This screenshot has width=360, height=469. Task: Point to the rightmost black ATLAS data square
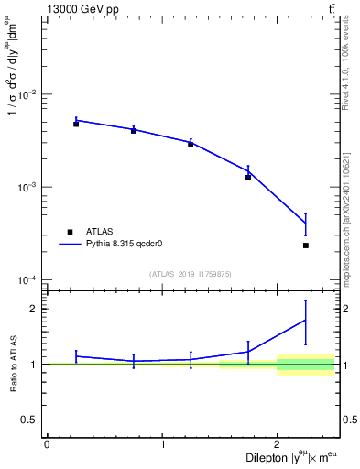(x=306, y=245)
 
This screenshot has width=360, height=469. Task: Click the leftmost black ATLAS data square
(x=76, y=124)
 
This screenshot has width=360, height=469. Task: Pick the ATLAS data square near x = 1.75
(x=248, y=177)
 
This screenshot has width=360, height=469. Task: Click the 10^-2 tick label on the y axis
(x=27, y=94)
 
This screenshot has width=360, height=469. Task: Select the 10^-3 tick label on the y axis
(x=27, y=187)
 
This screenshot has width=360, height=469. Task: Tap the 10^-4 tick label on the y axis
(x=27, y=279)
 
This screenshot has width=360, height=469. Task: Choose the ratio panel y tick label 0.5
(x=32, y=420)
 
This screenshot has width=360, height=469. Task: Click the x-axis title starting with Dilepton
(x=284, y=459)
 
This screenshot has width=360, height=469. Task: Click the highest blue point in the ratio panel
(x=306, y=320)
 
